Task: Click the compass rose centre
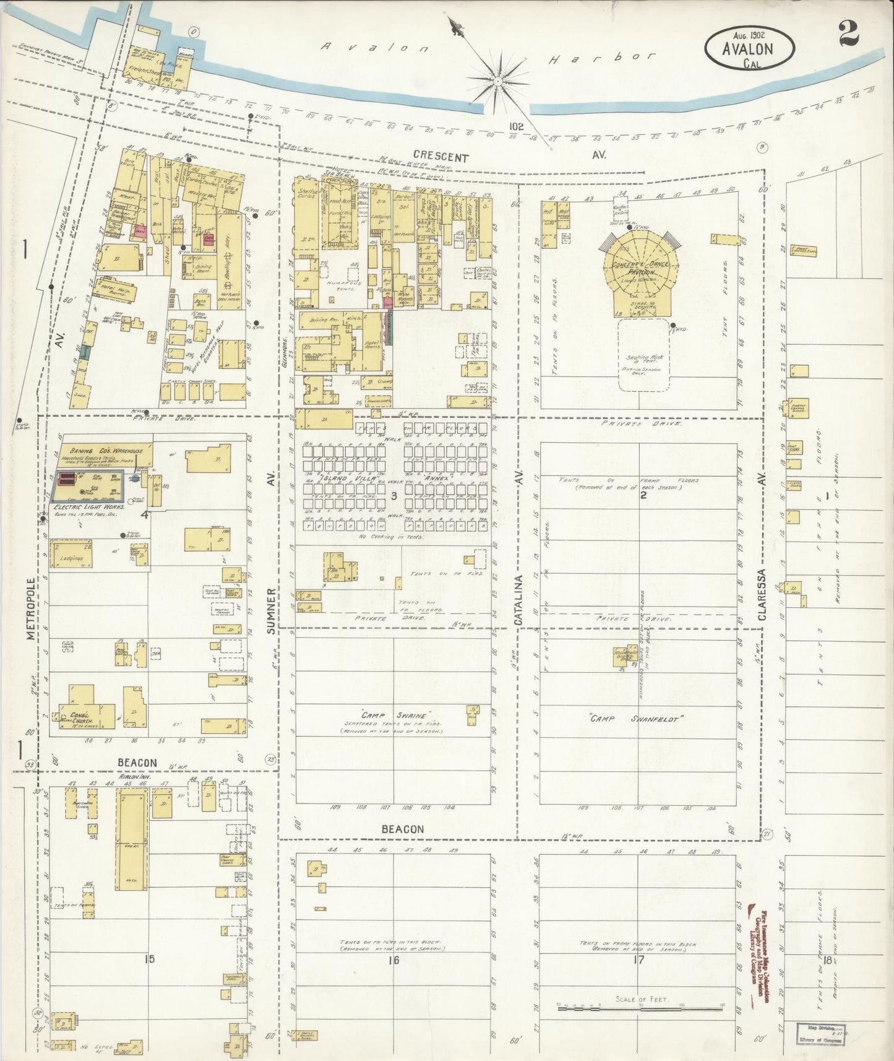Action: click(x=497, y=81)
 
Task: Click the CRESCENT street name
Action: click(x=441, y=157)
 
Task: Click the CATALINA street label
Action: click(x=520, y=600)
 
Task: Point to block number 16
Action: click(x=393, y=960)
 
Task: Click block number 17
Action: click(x=638, y=960)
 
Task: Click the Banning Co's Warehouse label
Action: click(x=103, y=451)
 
